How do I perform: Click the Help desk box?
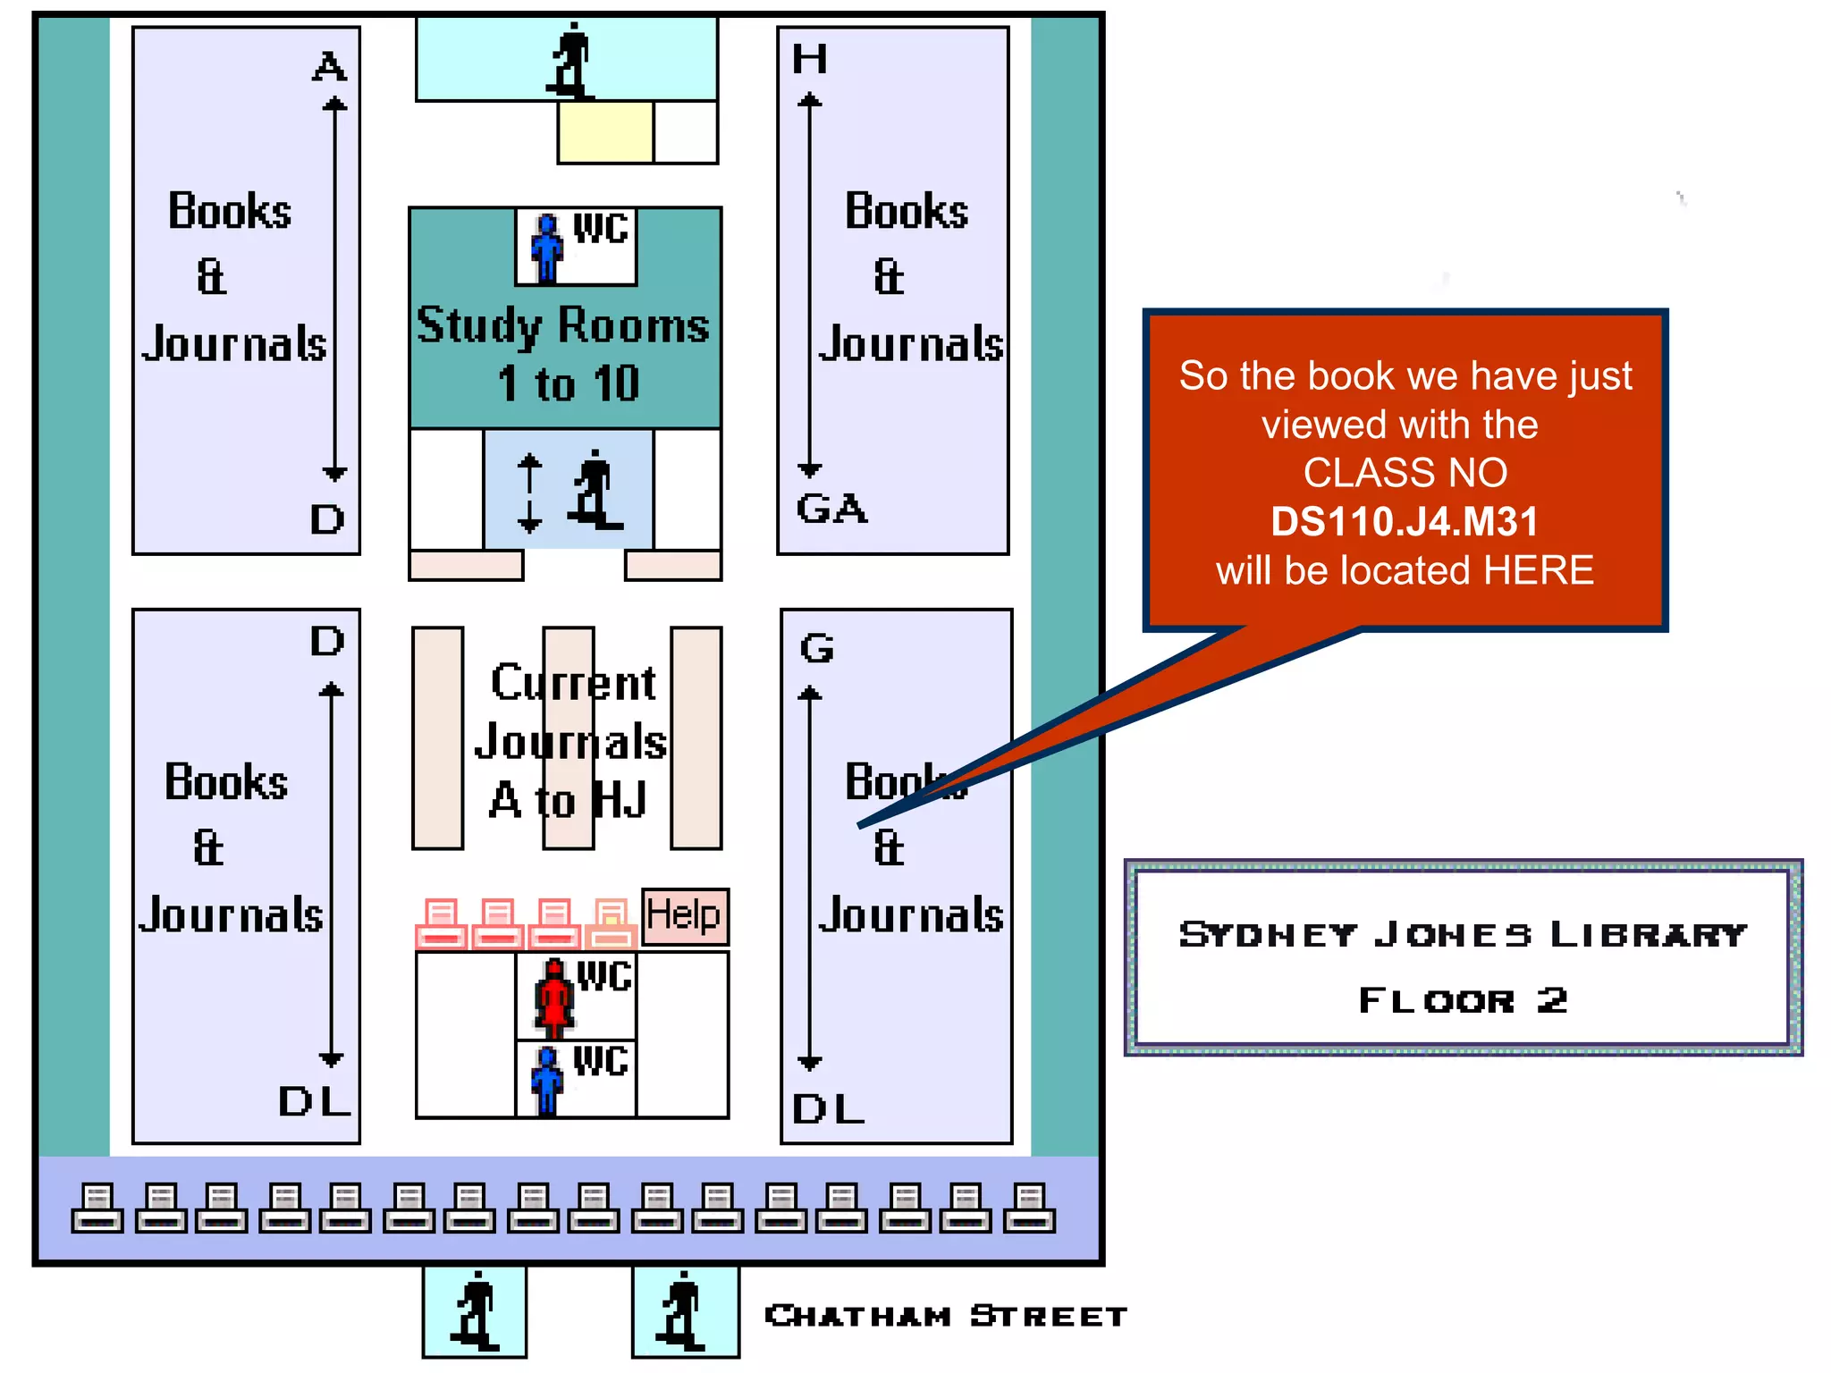(685, 915)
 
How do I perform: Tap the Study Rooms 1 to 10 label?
(564, 353)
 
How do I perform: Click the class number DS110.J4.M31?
(1405, 521)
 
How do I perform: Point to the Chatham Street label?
(946, 1316)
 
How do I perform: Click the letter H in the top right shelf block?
(810, 59)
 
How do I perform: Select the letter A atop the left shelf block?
(329, 67)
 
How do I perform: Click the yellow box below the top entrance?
(605, 131)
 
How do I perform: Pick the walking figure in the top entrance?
(570, 60)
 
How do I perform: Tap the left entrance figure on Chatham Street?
(475, 1310)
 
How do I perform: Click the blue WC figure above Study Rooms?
(546, 248)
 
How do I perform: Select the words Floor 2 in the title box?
(1463, 999)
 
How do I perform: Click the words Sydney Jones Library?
(1463, 934)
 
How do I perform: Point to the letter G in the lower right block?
(816, 648)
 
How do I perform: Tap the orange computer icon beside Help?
(612, 923)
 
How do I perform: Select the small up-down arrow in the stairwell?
(529, 493)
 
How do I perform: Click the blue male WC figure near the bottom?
(546, 1079)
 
